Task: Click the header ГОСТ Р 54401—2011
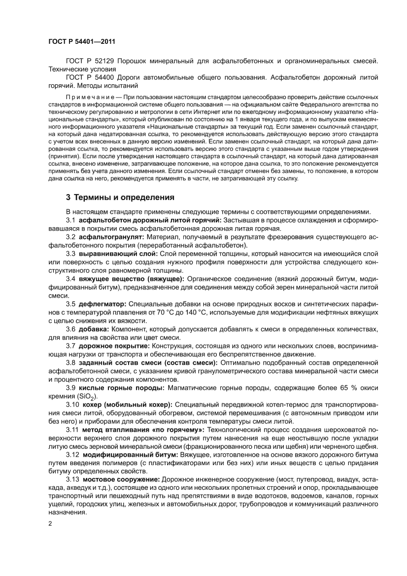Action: pos(82,43)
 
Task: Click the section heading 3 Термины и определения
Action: pos(120,198)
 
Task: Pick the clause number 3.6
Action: pos(70,329)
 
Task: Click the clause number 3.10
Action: pos(72,404)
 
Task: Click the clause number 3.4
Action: pos(70,278)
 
